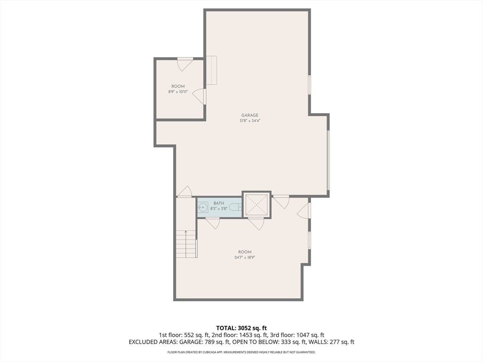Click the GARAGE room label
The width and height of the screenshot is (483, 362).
250,115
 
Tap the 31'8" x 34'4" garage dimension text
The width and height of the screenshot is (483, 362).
250,121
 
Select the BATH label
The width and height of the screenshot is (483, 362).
219,203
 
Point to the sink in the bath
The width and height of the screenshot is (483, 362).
202,207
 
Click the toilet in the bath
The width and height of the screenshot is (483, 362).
237,207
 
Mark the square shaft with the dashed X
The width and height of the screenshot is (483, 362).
257,205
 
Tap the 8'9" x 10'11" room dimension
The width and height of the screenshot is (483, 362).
178,92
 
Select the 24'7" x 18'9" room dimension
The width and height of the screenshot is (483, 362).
245,257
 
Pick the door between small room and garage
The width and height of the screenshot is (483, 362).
200,96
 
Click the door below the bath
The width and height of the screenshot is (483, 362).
213,223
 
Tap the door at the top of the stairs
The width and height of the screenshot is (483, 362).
184,192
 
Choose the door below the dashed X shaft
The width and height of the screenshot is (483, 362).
256,223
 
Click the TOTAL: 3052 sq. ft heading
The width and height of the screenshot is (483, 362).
241,328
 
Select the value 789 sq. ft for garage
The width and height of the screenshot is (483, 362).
217,342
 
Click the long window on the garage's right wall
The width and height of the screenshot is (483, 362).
328,160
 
